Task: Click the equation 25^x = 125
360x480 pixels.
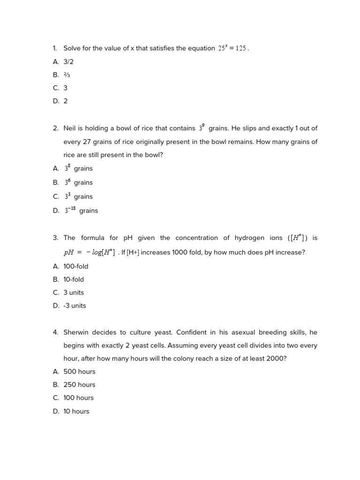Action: pyautogui.click(x=232, y=48)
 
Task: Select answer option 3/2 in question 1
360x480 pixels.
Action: pyautogui.click(x=68, y=61)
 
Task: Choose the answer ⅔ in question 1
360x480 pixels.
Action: pyautogui.click(x=67, y=75)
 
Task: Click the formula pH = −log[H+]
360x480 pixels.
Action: pyautogui.click(x=89, y=252)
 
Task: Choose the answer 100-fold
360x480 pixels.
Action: pyautogui.click(x=75, y=266)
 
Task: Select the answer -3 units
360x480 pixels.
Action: pyautogui.click(x=75, y=306)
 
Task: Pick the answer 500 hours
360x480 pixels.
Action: pyautogui.click(x=79, y=371)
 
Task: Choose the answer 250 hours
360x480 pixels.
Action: pyautogui.click(x=79, y=384)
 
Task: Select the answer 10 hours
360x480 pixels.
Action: pyautogui.click(x=76, y=411)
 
